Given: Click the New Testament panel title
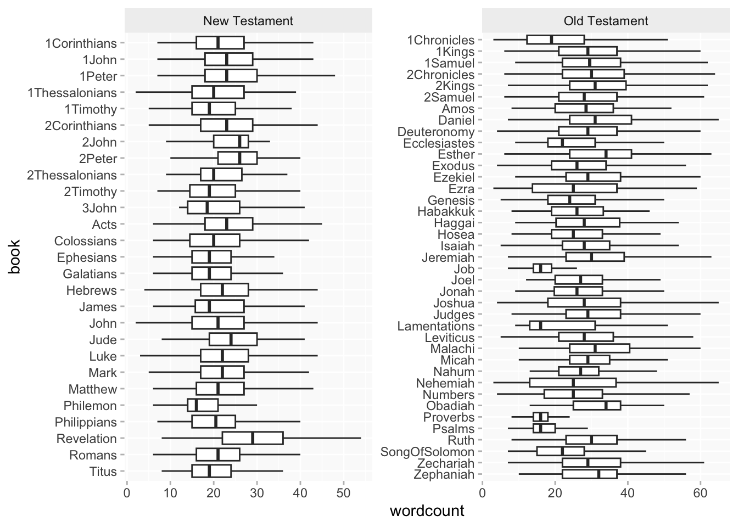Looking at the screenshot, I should click(x=248, y=21).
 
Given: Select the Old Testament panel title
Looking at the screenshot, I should click(x=606, y=21).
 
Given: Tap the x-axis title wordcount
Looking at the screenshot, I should click(x=427, y=511).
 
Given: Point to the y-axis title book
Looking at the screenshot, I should click(x=15, y=256).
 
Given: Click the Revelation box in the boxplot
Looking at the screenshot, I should click(x=253, y=439).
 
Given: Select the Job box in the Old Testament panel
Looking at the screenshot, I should click(x=543, y=268).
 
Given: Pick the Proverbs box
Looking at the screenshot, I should click(x=541, y=417).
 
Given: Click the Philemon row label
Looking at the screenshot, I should click(x=90, y=406).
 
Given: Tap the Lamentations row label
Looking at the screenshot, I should click(x=436, y=326).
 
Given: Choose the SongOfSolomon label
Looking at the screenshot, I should click(x=428, y=452).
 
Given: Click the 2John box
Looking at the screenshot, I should click(x=231, y=142).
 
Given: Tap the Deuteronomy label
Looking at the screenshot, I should click(x=436, y=132).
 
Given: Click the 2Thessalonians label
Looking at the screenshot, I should click(x=72, y=175).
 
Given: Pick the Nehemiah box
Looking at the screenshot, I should click(x=573, y=383).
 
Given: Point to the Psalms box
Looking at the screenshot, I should click(x=544, y=429).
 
